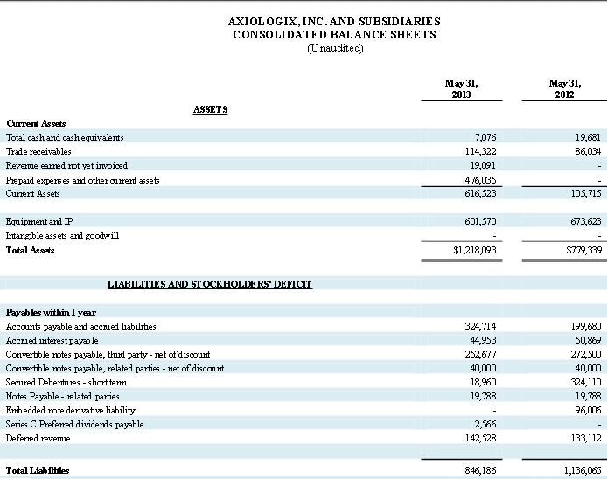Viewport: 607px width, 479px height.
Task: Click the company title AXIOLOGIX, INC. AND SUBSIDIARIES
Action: [334, 21]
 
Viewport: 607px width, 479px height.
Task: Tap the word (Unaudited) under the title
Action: [335, 48]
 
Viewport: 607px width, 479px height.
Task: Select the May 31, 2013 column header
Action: [462, 88]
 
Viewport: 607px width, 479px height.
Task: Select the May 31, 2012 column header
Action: [564, 88]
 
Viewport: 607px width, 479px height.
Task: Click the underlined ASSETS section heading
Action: [210, 109]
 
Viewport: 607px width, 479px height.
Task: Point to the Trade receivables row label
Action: [38, 151]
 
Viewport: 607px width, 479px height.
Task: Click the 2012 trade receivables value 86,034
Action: [583, 151]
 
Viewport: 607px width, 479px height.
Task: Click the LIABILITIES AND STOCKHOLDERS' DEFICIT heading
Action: [210, 284]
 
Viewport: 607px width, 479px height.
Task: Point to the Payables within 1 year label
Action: [51, 312]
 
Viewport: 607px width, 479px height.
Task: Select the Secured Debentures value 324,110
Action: [581, 382]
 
